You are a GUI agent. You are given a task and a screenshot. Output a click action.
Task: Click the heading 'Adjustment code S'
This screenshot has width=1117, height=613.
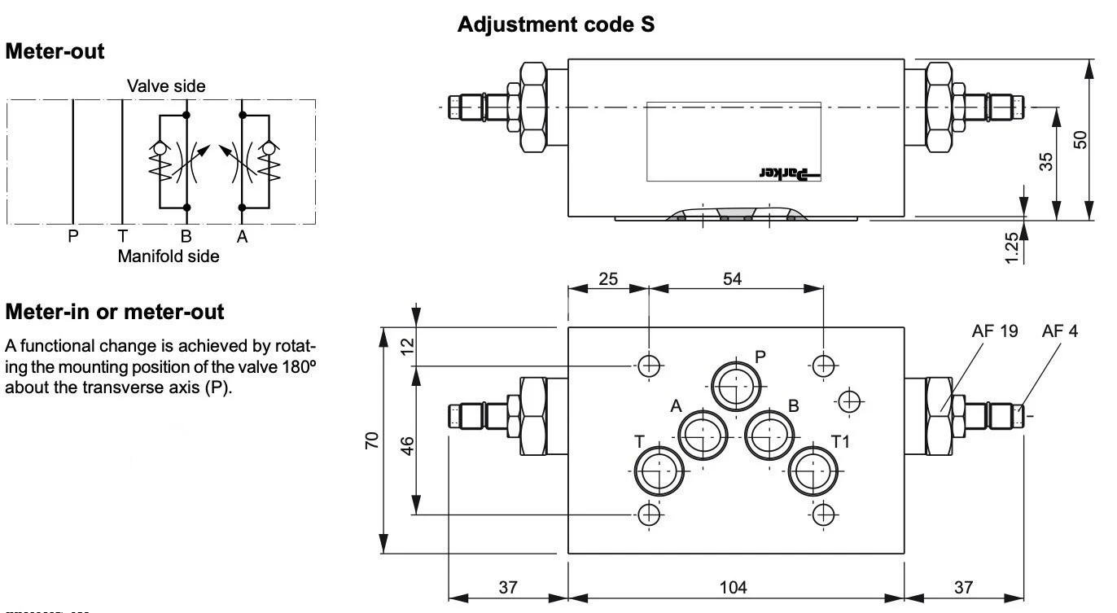pos(556,25)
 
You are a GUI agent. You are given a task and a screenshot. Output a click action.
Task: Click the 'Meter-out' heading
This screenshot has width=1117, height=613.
pos(55,52)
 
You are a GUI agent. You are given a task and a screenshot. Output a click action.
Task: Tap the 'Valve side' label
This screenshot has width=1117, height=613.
pos(165,85)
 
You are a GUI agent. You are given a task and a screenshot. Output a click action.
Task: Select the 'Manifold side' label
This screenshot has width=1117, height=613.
pos(169,256)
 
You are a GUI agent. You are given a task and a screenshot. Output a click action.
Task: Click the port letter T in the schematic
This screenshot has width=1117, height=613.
pos(122,237)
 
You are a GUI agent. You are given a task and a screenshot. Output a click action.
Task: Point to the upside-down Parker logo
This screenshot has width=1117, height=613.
pos(792,172)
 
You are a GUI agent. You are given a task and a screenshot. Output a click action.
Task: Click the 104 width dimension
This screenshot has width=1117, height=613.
pos(735,587)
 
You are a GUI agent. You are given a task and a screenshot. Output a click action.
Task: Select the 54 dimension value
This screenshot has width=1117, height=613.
pos(733,278)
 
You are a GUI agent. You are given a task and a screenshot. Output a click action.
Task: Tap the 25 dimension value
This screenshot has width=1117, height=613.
pos(607,278)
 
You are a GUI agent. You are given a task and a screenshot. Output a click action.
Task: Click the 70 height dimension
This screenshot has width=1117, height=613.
pos(371,441)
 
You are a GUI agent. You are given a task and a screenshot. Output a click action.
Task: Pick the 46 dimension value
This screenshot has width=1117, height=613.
pos(409,445)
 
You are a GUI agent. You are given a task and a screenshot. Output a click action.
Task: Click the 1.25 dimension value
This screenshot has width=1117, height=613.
pos(1012,246)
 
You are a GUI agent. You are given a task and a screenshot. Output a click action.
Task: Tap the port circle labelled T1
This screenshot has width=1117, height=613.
pos(811,471)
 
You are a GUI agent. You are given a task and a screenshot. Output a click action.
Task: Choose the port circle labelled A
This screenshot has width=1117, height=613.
pos(703,436)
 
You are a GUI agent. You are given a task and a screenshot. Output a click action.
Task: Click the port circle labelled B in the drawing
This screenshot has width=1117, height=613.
pos(769,436)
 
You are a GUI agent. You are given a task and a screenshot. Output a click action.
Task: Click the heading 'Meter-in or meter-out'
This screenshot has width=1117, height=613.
pos(115,312)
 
